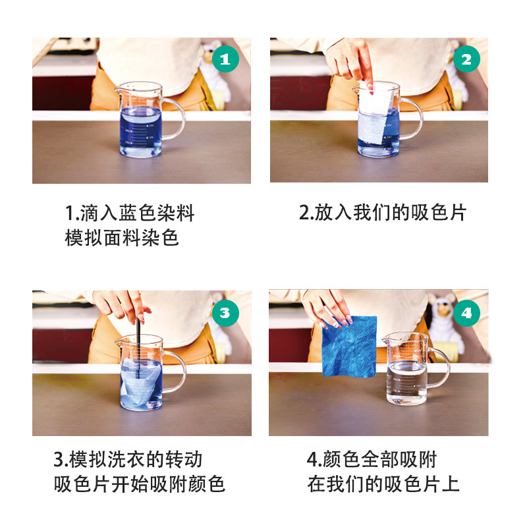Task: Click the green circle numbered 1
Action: point(225,61)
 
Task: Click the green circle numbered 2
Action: point(466,61)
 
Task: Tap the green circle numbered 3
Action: point(225,312)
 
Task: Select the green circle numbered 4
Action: point(466,313)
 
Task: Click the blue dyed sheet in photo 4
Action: point(350,348)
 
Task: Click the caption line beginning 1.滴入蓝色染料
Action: point(130,213)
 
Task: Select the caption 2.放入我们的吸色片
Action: point(382,213)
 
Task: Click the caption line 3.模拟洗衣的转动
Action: point(128,459)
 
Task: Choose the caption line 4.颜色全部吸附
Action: point(372,459)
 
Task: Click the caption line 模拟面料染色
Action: point(122,237)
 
